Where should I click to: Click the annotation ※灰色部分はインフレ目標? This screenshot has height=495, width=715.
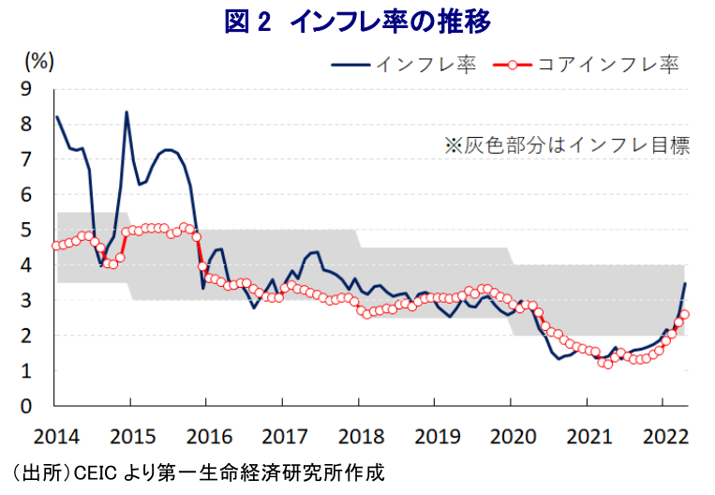coord(567,145)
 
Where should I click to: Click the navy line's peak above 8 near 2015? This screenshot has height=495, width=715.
coord(127,112)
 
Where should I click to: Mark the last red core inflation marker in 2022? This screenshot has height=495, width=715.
coord(685,314)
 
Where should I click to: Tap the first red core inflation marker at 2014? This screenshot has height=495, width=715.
coord(56,246)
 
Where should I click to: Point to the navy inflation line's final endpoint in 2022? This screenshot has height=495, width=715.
coord(686,283)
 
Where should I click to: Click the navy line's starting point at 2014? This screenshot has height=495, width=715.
coord(56,116)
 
